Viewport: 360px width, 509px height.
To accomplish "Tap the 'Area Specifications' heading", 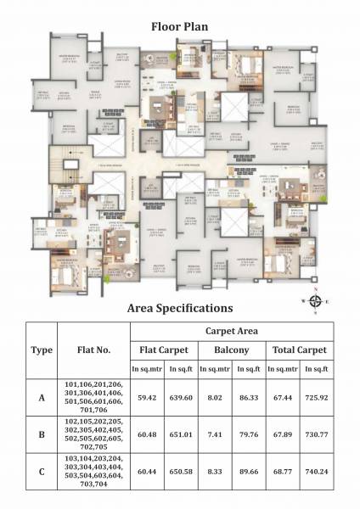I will [179, 308].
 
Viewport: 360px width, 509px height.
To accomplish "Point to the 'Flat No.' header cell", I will [93, 349].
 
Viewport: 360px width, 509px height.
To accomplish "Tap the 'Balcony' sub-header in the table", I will [224, 349].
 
